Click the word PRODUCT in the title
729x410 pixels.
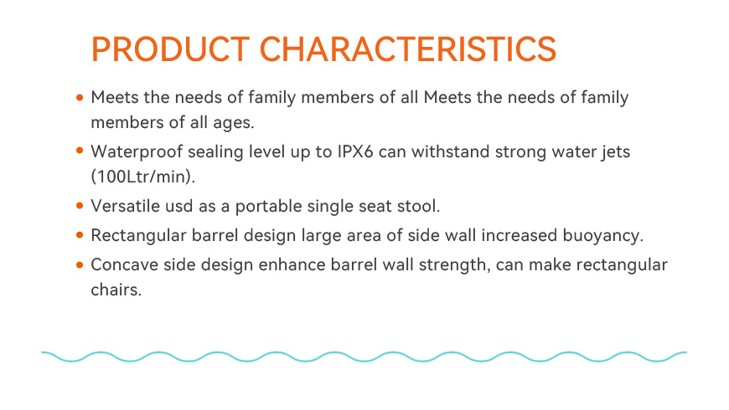point(170,49)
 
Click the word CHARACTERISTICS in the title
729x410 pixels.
point(408,49)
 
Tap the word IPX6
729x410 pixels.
point(355,151)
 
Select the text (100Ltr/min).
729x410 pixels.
point(143,177)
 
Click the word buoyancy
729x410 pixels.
point(603,236)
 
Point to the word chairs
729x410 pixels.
point(116,290)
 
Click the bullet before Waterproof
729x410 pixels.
point(80,151)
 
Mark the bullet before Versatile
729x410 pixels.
point(80,205)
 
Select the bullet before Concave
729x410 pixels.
point(80,264)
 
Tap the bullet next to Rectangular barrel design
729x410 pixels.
point(80,235)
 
